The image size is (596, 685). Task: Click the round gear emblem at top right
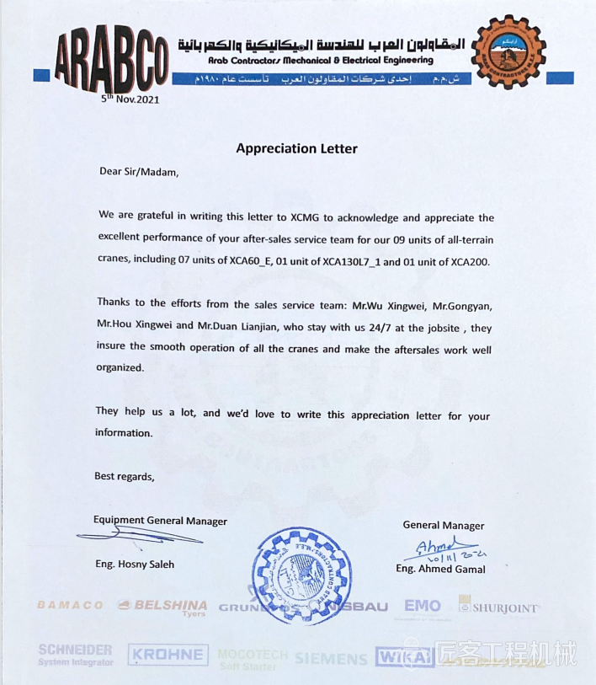508,51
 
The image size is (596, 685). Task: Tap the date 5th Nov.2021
130,99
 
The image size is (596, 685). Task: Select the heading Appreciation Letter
296,148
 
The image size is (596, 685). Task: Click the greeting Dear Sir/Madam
139,172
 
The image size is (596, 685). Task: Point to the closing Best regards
124,476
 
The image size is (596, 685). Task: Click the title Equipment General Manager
160,521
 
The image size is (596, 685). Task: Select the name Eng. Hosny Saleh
135,564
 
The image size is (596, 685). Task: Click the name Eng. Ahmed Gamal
440,569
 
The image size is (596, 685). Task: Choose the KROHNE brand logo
168,655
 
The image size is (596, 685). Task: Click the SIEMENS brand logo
331,657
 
